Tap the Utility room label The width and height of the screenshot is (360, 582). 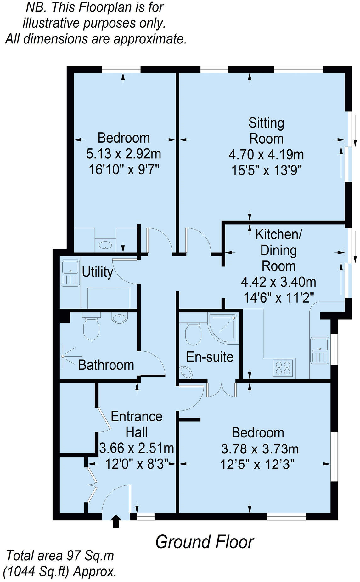point(97,272)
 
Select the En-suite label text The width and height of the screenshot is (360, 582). point(210,357)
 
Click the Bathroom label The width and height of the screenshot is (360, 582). point(106,365)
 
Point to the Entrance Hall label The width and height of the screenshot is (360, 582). point(137,424)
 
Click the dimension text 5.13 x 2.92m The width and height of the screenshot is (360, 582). point(124,154)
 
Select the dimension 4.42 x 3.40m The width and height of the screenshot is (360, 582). point(278,282)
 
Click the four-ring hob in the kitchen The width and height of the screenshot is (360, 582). point(283,368)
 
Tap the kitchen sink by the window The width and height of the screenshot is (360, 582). point(319,350)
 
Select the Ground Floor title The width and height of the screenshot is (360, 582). point(205,542)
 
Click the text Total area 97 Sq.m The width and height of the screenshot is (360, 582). point(60,556)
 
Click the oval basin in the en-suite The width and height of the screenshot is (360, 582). point(186,373)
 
